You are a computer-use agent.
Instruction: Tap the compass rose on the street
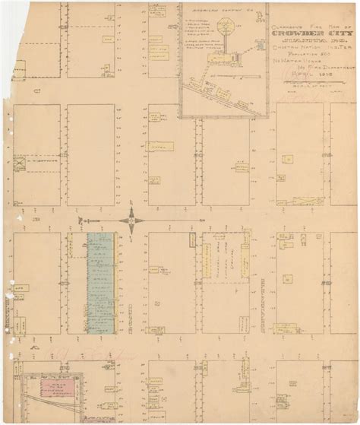[132, 220]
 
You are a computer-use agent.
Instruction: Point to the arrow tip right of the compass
[205, 220]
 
